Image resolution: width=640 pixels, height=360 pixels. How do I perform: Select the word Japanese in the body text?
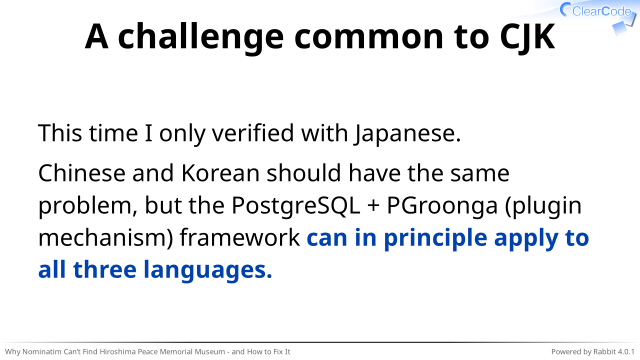tap(407, 134)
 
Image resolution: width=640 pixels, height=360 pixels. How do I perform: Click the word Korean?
tap(220, 173)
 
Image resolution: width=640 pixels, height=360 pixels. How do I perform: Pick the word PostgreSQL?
tap(296, 205)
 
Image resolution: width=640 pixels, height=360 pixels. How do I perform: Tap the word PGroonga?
tap(442, 205)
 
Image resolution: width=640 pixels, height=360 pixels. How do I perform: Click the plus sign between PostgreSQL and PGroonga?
tap(373, 206)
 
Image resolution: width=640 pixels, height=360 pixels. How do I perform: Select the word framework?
tap(240, 238)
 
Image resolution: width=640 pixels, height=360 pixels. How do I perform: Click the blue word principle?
tap(436, 239)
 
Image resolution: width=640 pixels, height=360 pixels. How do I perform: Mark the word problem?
tap(88, 206)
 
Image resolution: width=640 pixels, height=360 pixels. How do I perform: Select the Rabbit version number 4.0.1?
tap(626, 351)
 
